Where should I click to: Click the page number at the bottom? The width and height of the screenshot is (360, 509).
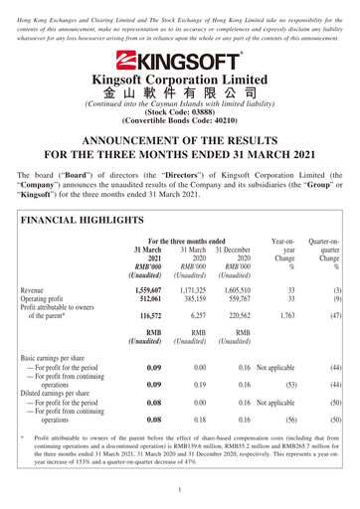tap(179, 491)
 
